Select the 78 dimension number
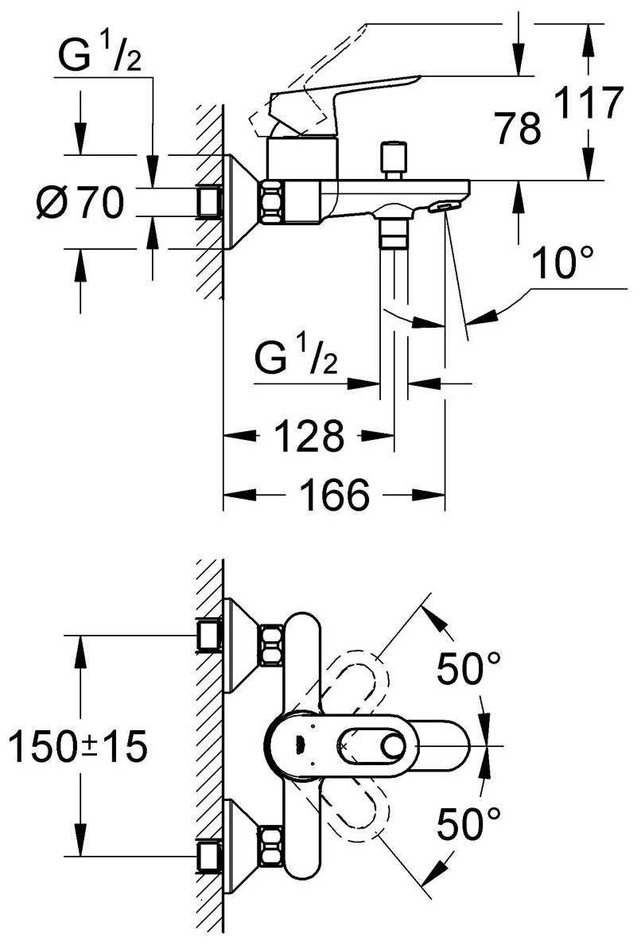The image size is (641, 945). (517, 129)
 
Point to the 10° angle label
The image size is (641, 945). (563, 264)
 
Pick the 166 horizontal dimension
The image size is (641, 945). (335, 496)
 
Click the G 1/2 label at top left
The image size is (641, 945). (99, 56)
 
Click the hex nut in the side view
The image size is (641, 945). (270, 202)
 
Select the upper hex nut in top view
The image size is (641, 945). (270, 644)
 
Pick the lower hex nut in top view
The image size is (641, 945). (270, 847)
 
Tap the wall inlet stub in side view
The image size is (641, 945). (208, 201)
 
